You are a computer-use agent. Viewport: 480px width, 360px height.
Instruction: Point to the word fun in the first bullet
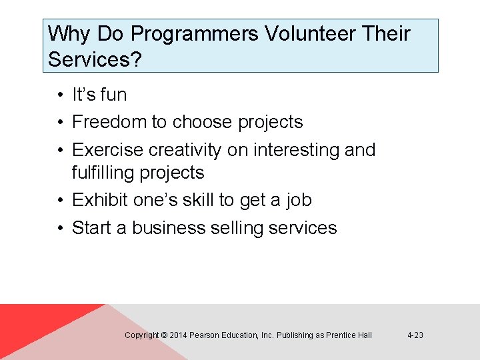[113, 95]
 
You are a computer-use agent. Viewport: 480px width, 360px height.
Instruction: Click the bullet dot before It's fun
[60, 95]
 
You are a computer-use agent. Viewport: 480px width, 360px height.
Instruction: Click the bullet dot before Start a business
[60, 229]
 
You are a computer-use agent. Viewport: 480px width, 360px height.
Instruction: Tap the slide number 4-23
[415, 335]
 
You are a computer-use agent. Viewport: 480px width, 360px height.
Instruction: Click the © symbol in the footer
[164, 335]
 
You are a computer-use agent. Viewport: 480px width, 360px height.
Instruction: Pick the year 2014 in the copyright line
[178, 335]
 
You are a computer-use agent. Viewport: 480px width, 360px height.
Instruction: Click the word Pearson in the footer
[203, 335]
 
